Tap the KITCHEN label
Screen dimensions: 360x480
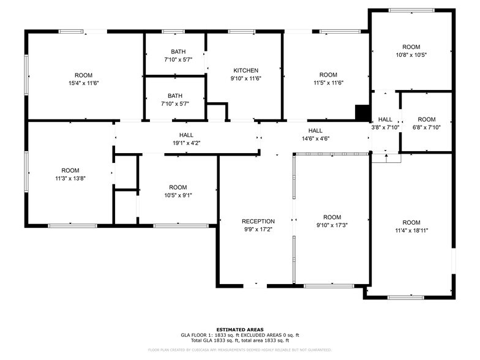coord(246,70)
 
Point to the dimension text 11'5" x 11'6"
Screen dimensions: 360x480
coord(328,83)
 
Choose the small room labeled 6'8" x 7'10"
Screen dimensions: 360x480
coord(426,123)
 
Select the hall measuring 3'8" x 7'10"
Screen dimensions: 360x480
coord(385,123)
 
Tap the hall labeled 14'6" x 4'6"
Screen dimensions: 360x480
coord(315,135)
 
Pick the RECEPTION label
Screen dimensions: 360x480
coord(258,221)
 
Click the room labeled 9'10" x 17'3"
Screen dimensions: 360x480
coord(332,221)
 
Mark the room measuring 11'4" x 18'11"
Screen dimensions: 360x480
coord(411,227)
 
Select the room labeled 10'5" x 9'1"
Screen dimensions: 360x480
coord(178,191)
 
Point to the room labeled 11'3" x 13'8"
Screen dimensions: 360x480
coord(70,174)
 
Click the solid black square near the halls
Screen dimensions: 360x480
coord(362,113)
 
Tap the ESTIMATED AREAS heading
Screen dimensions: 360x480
coord(239,329)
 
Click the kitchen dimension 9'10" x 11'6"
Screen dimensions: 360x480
coord(246,78)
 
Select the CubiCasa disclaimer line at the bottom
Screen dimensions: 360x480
coord(239,350)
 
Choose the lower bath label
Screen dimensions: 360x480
coord(175,96)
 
